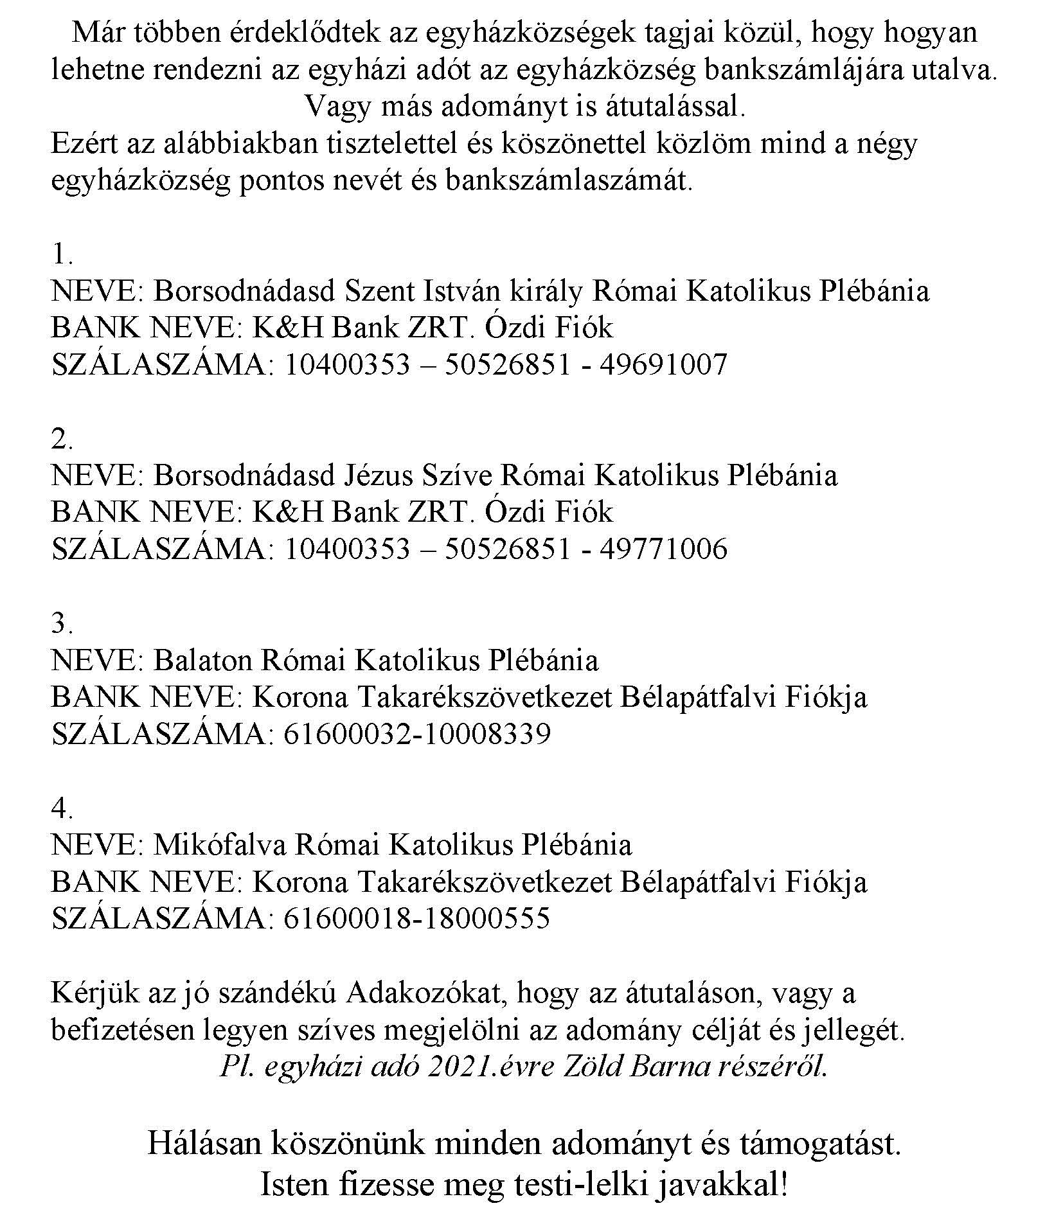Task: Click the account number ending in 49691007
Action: coord(505,364)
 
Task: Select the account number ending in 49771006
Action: coord(505,549)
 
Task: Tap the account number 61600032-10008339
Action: coord(416,733)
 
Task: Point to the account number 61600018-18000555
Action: coord(416,918)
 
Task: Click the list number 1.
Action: coord(61,255)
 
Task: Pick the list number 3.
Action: coord(61,623)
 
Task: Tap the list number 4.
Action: coord(61,808)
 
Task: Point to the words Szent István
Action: coord(422,291)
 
